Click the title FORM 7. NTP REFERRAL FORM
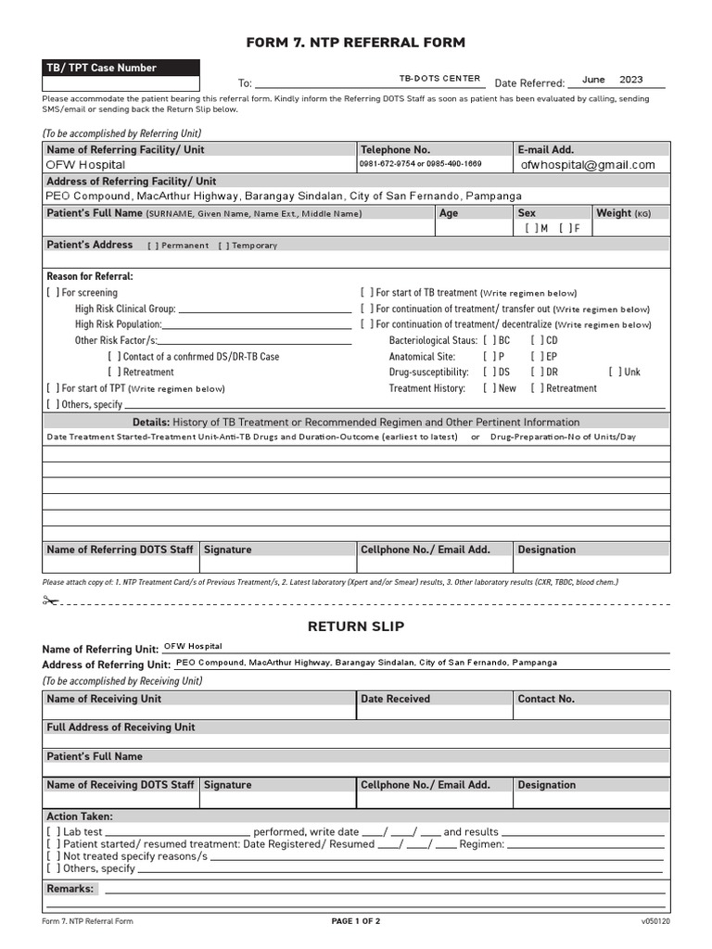(x=355, y=43)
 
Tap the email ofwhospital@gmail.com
(x=588, y=165)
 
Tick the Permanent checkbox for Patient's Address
(x=153, y=246)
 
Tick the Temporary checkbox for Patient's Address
(x=223, y=246)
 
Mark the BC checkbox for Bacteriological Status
(x=489, y=340)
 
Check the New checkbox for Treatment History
(x=489, y=389)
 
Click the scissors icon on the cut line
(x=50, y=601)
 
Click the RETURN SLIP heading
(x=356, y=626)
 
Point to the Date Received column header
(x=395, y=699)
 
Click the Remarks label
(x=70, y=889)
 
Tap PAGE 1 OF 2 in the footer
(x=356, y=922)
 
